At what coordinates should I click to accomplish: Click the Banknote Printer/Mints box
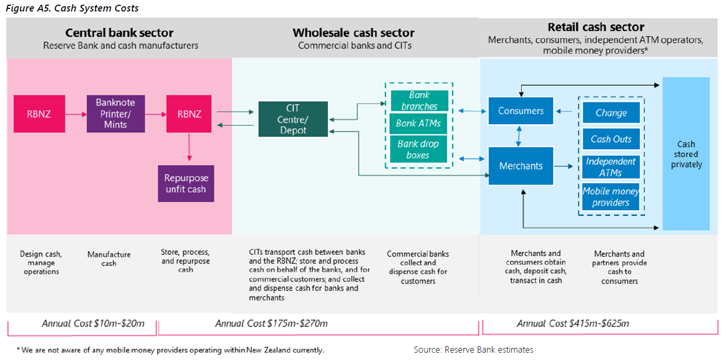(x=116, y=113)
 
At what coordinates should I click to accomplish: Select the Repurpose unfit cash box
(x=186, y=183)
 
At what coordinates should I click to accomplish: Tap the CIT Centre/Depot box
(x=293, y=119)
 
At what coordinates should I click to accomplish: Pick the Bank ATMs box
(x=419, y=124)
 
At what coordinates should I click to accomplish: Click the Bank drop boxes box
(x=419, y=149)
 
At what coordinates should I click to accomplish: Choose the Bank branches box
(x=419, y=100)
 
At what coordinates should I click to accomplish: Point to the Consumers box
(x=521, y=111)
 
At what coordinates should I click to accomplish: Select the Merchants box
(x=521, y=166)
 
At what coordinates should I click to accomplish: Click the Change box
(x=611, y=113)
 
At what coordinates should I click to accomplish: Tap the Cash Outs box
(x=611, y=139)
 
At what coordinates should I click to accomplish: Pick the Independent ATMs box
(x=611, y=167)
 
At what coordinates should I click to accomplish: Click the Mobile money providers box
(x=611, y=197)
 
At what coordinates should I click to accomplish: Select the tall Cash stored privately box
(x=686, y=154)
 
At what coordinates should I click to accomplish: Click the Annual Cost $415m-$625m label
(x=573, y=323)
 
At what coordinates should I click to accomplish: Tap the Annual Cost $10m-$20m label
(x=93, y=323)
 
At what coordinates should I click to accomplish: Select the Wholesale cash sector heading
(x=354, y=33)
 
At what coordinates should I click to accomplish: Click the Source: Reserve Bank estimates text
(x=474, y=350)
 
